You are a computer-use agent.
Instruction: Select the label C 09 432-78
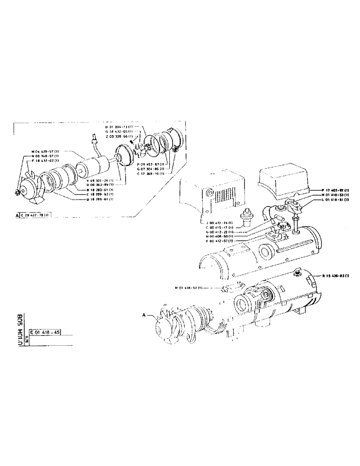pos(37,216)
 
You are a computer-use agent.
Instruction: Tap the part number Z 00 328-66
pos(118,136)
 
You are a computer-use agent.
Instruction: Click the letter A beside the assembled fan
pos(145,315)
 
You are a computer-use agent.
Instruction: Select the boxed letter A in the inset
pos(17,216)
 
